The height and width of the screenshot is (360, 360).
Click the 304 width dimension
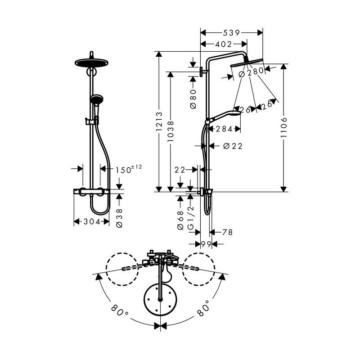coord(91,221)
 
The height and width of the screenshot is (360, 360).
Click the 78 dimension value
coord(228,232)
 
